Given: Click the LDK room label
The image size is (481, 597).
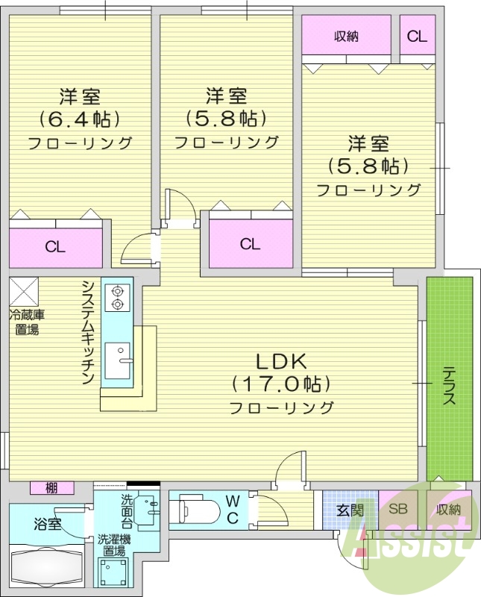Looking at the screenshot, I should tap(281, 362).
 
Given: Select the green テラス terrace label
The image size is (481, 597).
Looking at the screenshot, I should tap(449, 385).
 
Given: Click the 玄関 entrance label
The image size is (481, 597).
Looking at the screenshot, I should tap(349, 511).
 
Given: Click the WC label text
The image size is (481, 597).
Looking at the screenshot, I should tap(232, 510).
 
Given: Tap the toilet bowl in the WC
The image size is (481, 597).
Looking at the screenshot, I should tap(195, 512).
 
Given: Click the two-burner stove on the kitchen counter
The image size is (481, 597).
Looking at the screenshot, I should tap(117, 297).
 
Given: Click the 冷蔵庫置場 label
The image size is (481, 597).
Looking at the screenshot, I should tap(25, 322).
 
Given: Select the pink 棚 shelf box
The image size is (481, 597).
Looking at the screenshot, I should tap(51, 489).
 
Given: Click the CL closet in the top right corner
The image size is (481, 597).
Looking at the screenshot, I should tap(417, 35).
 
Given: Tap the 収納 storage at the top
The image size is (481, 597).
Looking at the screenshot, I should tap(346, 35).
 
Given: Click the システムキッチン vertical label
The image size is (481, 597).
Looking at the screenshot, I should tap(88, 332).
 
